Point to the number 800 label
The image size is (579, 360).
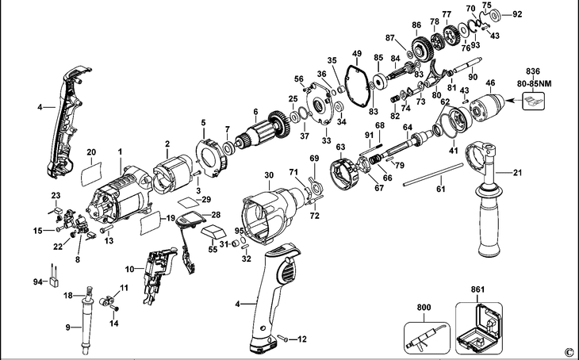(424, 306)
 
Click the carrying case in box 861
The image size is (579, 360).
(480, 327)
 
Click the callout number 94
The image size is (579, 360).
(36, 281)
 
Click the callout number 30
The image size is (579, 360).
(268, 174)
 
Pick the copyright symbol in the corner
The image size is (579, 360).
(568, 351)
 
